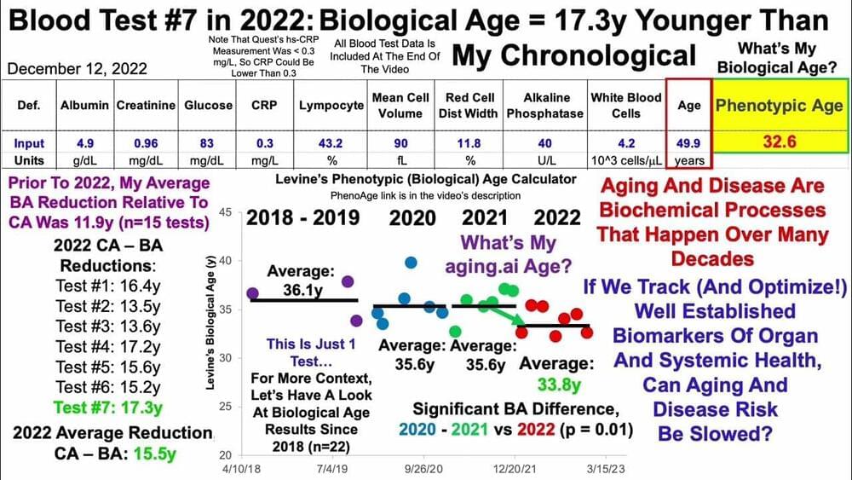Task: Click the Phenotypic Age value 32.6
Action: point(779,143)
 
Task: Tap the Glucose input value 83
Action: point(208,143)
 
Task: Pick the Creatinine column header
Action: point(146,105)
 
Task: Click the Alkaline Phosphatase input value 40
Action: point(544,143)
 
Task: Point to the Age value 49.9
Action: point(688,143)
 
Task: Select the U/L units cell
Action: point(544,159)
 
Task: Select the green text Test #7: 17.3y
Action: point(109,408)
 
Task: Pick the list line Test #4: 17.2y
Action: point(108,347)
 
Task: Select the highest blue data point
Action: point(411,263)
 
